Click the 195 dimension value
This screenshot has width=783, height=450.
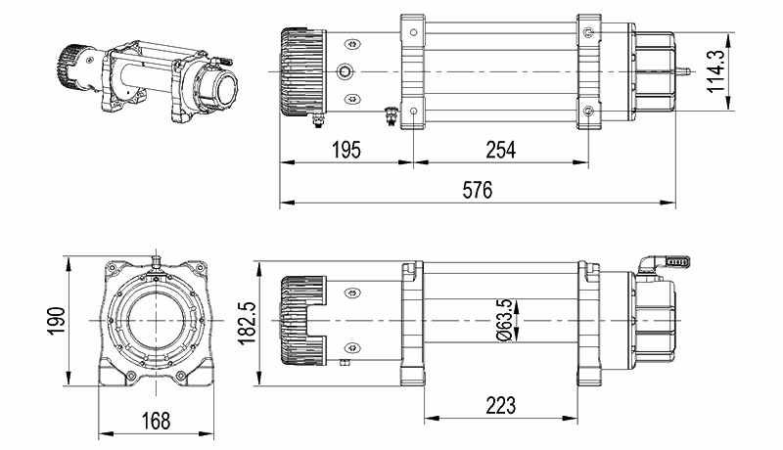[x=346, y=150]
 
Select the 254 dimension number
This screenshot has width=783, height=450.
[x=501, y=150]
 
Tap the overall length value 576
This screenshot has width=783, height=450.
[x=478, y=190]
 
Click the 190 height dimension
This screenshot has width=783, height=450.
[x=57, y=321]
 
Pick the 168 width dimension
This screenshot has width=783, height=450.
[x=156, y=421]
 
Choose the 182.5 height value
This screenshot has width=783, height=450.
[x=248, y=323]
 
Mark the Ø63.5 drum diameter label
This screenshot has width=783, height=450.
[x=505, y=320]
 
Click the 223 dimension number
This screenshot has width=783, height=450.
[x=500, y=406]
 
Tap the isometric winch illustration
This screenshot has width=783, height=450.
[x=148, y=81]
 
